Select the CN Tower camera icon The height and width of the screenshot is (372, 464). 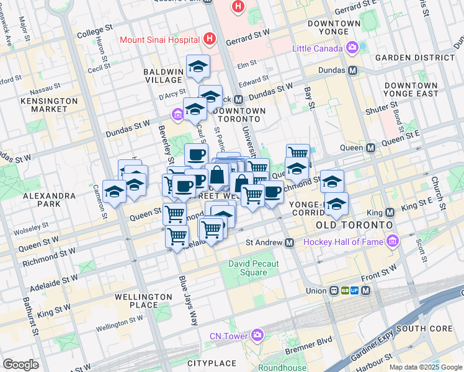(257, 335)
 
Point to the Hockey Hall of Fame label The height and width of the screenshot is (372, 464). (342, 241)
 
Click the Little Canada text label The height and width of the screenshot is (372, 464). (318, 48)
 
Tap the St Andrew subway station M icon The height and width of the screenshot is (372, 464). (289, 243)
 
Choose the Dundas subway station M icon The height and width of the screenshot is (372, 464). (353, 71)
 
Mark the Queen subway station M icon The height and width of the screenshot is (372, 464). (371, 148)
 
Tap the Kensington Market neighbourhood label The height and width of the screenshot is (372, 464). (49, 105)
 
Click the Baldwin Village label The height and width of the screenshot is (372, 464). (164, 76)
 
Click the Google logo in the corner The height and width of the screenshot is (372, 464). (20, 365)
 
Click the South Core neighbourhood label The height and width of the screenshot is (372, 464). (421, 328)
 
